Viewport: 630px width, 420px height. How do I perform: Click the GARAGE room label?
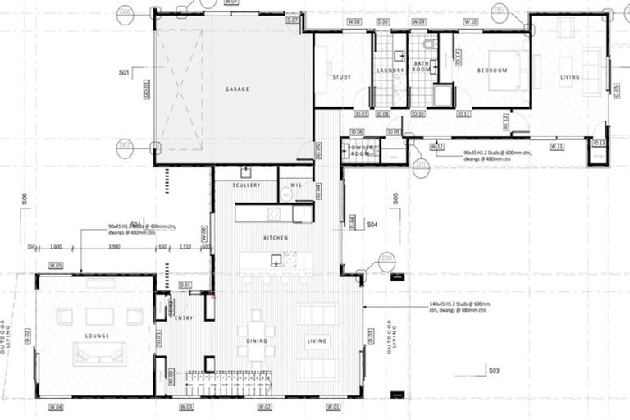coord(237,89)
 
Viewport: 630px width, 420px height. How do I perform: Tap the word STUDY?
coord(341,77)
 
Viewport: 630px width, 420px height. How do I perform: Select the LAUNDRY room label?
coord(390,71)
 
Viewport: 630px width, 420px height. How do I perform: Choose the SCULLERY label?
coord(246,185)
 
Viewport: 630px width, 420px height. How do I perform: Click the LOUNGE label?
coord(97,336)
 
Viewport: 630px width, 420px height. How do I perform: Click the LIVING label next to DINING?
coord(317,341)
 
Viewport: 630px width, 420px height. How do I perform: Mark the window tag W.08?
coord(354,21)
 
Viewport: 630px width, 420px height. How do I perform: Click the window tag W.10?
coord(471,21)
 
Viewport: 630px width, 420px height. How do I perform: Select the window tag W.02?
coord(264,407)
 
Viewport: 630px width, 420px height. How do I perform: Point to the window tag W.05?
coord(56,265)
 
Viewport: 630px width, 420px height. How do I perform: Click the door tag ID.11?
coord(463,113)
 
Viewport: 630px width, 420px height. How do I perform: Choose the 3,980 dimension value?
coord(115,245)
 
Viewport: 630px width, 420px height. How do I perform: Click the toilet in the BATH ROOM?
coord(429,44)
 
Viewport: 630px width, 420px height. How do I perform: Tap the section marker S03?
coord(495,371)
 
